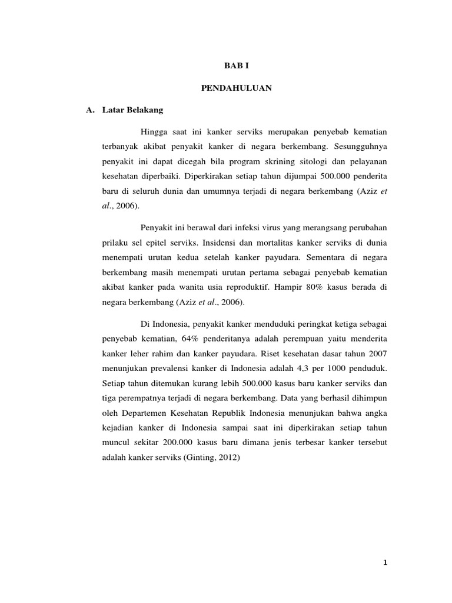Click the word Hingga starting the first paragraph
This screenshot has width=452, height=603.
pos(154,130)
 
